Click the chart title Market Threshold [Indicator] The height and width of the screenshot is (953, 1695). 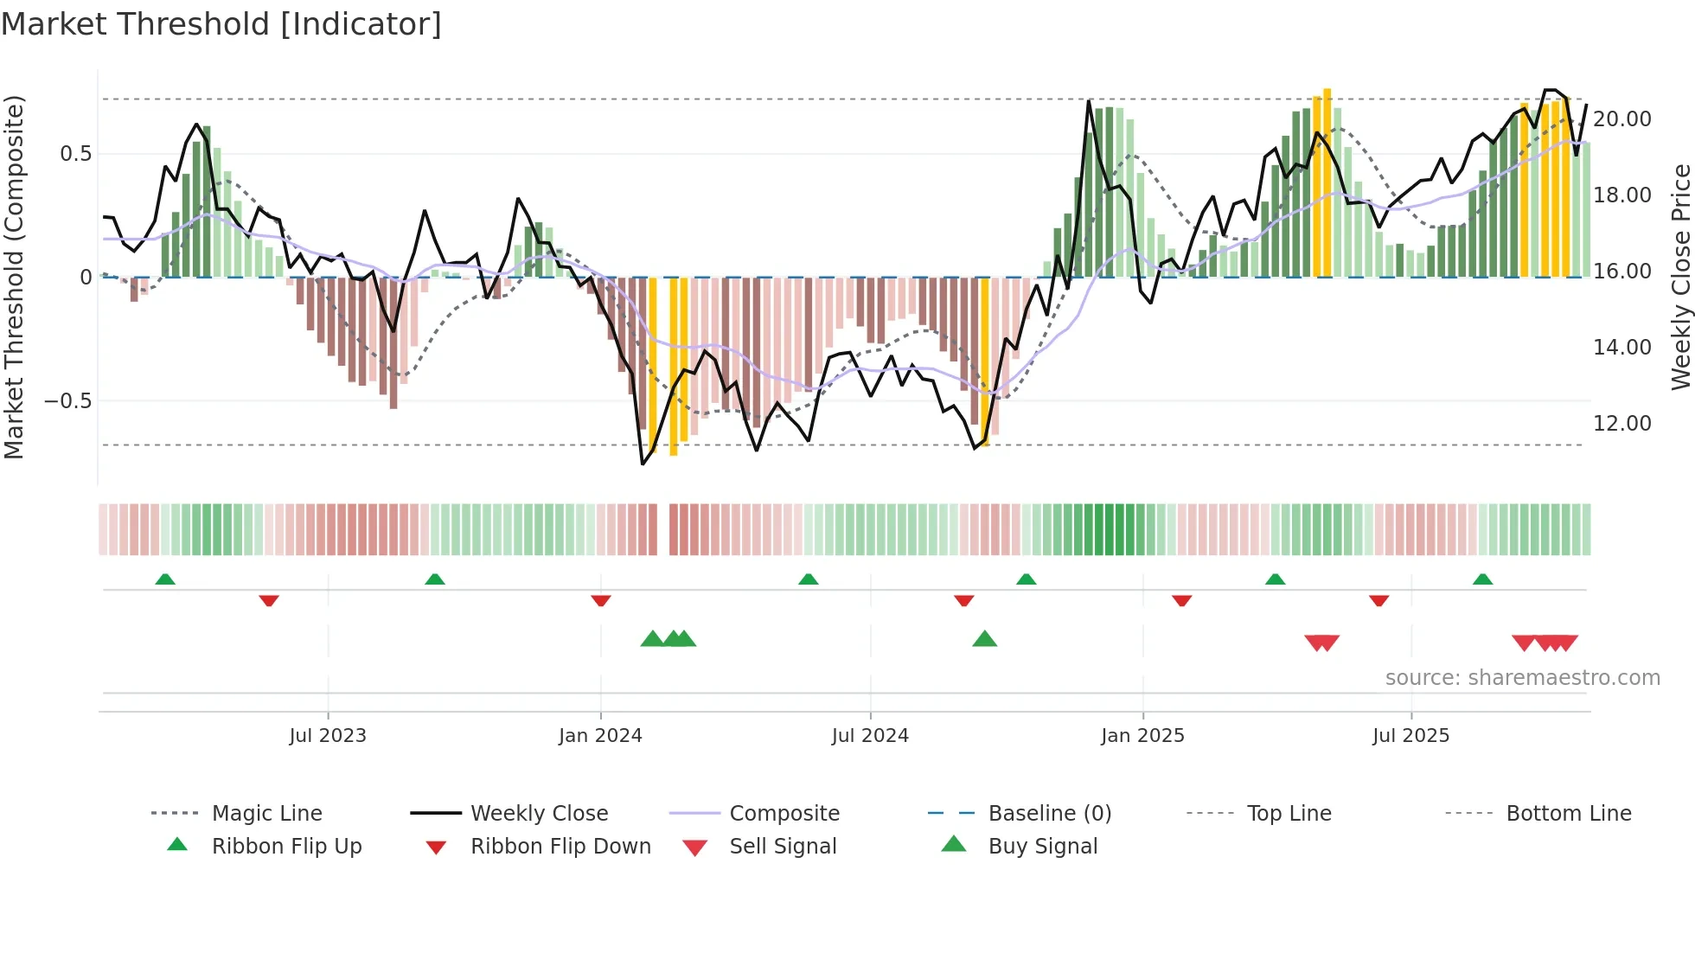[221, 24]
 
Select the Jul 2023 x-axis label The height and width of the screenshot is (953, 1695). [328, 736]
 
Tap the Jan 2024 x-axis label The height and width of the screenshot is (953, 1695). [600, 736]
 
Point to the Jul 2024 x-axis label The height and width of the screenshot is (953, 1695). [870, 736]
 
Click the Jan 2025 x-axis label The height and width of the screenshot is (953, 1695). [1142, 736]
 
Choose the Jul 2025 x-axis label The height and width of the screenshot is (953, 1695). [1410, 736]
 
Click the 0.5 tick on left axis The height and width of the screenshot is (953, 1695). [75, 154]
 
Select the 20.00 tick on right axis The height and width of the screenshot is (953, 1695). [1621, 119]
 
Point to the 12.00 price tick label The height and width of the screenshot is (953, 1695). [1621, 424]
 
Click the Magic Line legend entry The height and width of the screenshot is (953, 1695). [266, 814]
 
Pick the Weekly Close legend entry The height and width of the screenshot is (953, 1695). [539, 814]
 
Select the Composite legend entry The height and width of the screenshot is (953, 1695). [784, 814]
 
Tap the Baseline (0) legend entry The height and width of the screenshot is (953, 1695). [1049, 814]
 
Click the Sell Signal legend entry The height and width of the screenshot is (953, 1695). [782, 847]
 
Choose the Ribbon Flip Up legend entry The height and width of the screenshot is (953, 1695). [286, 847]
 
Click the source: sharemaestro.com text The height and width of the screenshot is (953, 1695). [1522, 678]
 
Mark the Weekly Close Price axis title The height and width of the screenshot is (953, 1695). [1680, 277]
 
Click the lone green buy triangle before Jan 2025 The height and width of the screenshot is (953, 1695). [984, 639]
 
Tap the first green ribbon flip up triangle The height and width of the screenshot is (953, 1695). [165, 579]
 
